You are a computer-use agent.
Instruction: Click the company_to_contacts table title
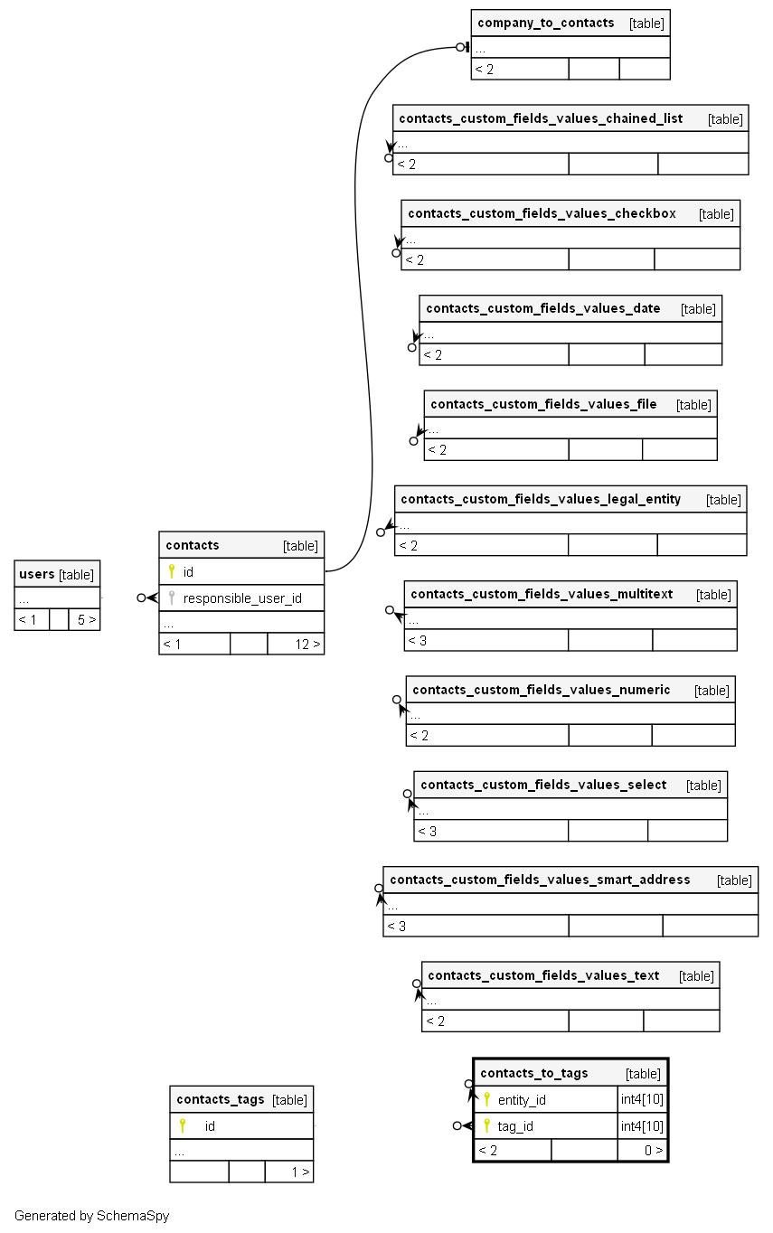pos(545,23)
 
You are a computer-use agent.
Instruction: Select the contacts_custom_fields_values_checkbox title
pos(542,213)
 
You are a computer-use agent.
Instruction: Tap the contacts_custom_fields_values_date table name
pos(542,308)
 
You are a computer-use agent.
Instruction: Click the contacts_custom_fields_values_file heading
pos(543,404)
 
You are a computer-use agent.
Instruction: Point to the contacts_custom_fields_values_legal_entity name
pos(541,499)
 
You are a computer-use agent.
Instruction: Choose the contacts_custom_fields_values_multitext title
pos(542,594)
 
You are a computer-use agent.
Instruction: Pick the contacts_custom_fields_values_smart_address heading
pos(540,880)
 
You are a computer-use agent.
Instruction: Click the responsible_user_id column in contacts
pos(242,598)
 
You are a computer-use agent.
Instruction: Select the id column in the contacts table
pos(188,572)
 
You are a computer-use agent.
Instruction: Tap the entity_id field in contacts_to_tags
pos(522,1100)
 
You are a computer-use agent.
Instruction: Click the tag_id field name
pos(515,1126)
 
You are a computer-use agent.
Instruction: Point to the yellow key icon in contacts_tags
pos(182,1126)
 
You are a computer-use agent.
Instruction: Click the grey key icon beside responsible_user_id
pos(172,598)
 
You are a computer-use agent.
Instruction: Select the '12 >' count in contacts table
pos(307,645)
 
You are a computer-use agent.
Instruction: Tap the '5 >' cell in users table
pos(86,620)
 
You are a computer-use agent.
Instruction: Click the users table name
pos(37,574)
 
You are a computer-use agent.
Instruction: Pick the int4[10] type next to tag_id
pos(642,1126)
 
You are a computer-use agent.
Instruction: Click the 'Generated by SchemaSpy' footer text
pos(91,1216)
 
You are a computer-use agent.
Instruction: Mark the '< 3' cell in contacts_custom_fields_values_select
pos(427,831)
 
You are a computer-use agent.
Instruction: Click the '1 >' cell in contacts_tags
pos(300,1172)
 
